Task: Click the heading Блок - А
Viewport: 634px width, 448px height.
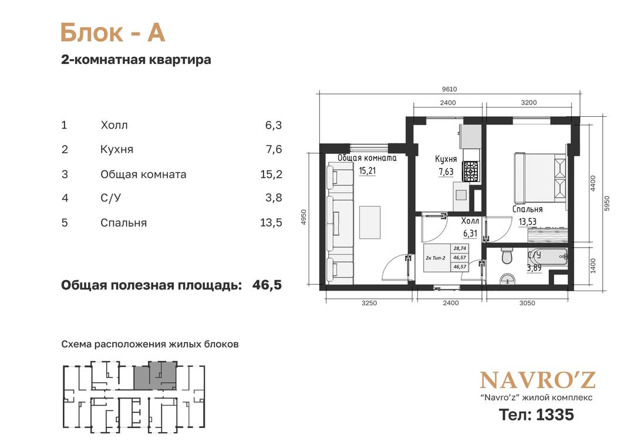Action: [112, 32]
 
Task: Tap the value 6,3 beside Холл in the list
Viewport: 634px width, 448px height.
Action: [274, 125]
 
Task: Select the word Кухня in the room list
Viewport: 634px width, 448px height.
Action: [117, 150]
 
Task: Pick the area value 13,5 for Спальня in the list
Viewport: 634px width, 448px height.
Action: [271, 223]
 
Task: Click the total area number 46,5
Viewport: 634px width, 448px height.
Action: [267, 285]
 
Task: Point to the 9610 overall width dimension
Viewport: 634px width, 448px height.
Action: [449, 89]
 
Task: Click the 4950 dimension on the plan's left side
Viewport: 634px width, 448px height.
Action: [304, 217]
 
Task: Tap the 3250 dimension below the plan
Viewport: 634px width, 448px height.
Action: [369, 303]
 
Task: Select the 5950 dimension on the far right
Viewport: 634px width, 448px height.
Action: [606, 203]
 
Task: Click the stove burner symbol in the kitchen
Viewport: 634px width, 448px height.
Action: [471, 171]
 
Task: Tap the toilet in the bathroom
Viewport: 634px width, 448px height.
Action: [507, 255]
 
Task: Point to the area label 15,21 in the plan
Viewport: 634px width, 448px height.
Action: [367, 171]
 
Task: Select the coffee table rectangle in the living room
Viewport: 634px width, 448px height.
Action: [370, 222]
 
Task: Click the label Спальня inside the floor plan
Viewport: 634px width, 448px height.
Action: [527, 210]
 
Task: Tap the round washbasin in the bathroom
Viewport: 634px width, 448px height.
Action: [507, 280]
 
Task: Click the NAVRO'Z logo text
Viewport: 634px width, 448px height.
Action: [537, 380]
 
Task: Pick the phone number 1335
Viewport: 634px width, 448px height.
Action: [555, 415]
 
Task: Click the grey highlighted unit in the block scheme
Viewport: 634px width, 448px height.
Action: [155, 376]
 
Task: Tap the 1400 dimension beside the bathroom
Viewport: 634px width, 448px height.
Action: [593, 266]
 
